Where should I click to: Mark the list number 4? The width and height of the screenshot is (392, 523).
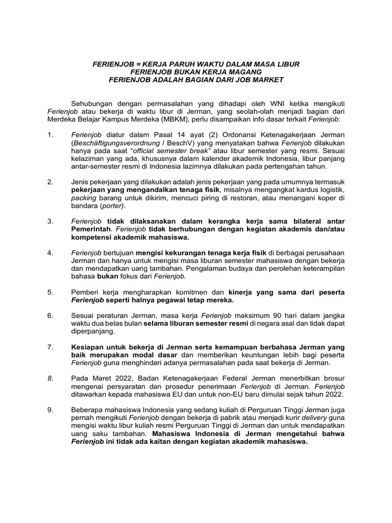pyautogui.click(x=50, y=253)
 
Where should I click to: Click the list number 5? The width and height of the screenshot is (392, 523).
pyautogui.click(x=50, y=292)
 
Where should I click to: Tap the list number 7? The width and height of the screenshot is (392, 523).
pyautogui.click(x=50, y=347)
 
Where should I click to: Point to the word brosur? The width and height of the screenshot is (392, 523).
pyautogui.click(x=333, y=378)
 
